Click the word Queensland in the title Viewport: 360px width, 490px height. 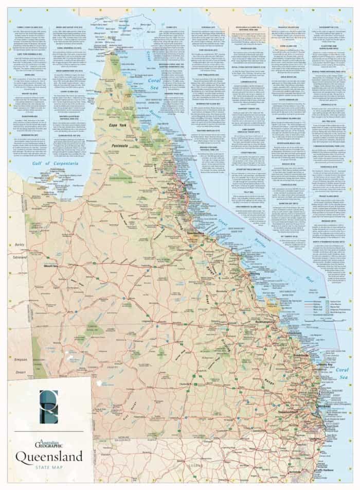pos(49,456)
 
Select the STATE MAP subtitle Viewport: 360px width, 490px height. pos(49,467)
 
